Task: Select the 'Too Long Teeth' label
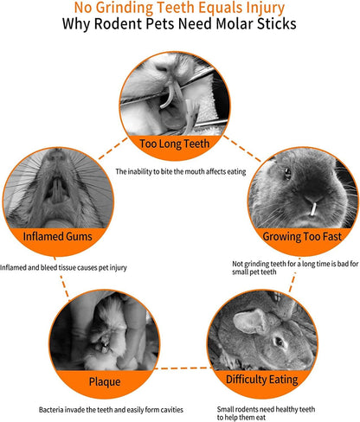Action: coord(175,144)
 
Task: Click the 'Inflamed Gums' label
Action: coord(57,236)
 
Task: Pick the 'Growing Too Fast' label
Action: coord(302,236)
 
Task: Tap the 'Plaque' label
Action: coord(105,381)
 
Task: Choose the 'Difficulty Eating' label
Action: coord(262,380)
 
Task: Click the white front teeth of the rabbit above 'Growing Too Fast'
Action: coord(313,209)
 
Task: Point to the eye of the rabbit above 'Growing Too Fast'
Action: coord(287,174)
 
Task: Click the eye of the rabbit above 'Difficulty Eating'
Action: coord(279,342)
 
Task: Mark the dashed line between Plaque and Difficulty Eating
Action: coord(183,368)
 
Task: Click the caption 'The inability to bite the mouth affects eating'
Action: coord(181,172)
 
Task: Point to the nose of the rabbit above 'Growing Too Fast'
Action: coord(312,198)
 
